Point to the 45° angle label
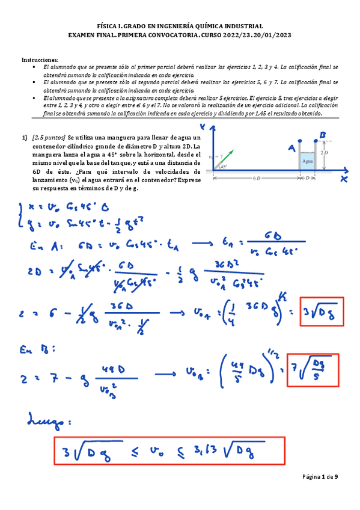223,167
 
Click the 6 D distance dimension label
257,179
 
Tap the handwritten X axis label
344,179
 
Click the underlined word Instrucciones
40,60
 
